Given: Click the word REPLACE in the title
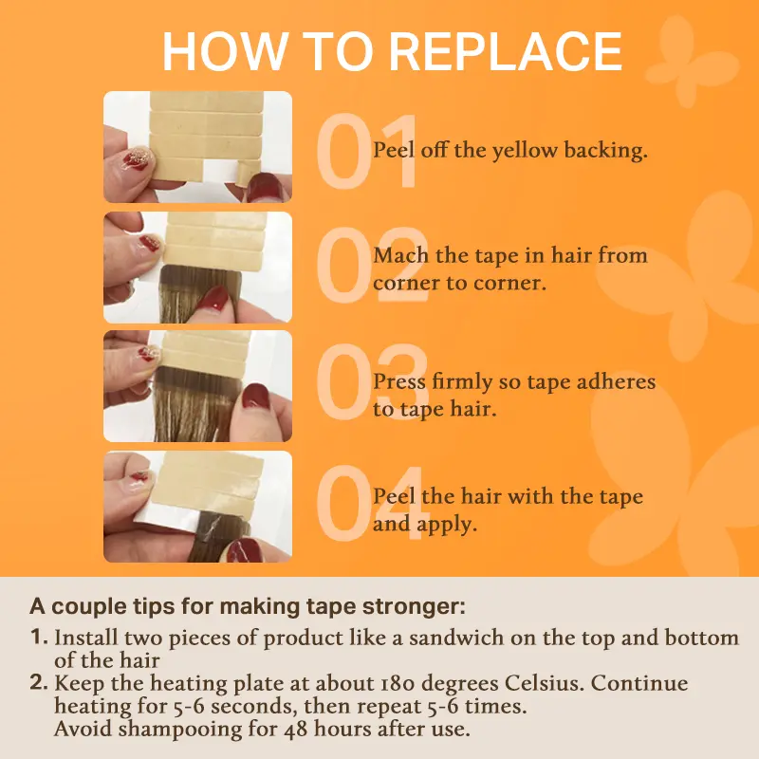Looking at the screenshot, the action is [506, 51].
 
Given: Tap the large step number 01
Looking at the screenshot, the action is [367, 151].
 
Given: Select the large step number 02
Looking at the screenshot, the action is [372, 265].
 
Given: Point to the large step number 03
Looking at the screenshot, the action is [372, 382].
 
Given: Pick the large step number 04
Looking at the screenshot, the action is [371, 503].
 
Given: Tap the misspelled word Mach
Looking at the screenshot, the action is [400, 255].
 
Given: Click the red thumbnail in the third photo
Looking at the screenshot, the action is [255, 396].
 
